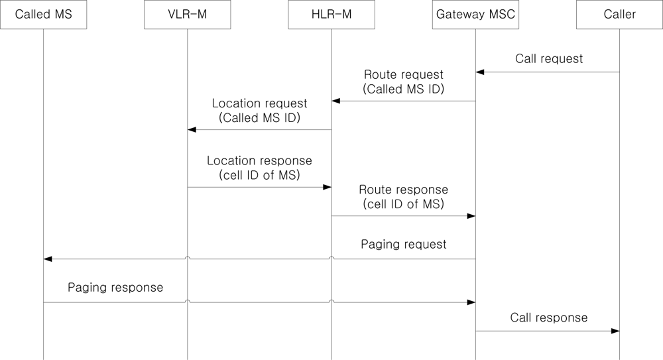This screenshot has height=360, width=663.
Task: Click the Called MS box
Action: [x=43, y=15]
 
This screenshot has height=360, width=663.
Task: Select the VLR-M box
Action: [x=187, y=15]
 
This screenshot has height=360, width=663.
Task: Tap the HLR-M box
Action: [x=331, y=15]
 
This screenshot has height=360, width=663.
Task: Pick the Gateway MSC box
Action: [x=475, y=15]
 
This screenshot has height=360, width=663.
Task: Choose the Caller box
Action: [x=620, y=15]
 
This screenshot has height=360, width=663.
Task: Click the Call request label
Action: [x=548, y=59]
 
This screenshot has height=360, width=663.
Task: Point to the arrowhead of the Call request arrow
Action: [x=480, y=72]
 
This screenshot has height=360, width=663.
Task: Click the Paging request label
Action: [x=403, y=244]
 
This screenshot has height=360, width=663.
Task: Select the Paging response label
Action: [x=115, y=288]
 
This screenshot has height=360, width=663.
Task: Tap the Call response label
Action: [x=548, y=318]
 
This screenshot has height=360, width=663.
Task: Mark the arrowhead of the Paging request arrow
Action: [x=48, y=259]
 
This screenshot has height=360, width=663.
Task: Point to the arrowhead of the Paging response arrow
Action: [x=471, y=302]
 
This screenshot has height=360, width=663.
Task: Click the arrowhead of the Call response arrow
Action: [x=615, y=331]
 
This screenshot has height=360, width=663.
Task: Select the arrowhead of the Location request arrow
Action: [x=192, y=130]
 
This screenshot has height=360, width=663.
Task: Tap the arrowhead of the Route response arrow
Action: [x=471, y=216]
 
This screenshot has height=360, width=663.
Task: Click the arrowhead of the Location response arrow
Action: [x=327, y=187]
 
